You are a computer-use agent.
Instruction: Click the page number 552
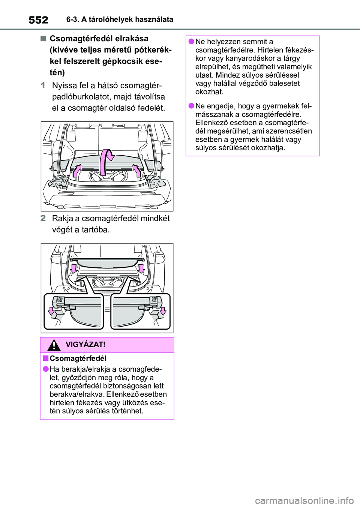tap(38, 20)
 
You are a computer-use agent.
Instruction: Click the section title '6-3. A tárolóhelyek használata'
tap(120, 19)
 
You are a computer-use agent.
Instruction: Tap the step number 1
tap(43, 85)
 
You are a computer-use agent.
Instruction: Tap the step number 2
tap(43, 218)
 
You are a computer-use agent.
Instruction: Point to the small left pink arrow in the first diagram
tap(76, 170)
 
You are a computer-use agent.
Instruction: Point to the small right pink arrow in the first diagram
tap(137, 170)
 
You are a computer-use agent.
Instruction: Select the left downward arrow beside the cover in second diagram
tap(74, 268)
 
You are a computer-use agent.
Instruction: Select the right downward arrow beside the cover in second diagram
tap(141, 268)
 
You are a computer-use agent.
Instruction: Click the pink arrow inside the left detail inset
tap(51, 311)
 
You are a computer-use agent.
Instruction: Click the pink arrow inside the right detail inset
tap(163, 311)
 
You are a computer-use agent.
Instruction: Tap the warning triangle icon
tap(54, 345)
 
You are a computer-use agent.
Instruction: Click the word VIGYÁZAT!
tap(85, 345)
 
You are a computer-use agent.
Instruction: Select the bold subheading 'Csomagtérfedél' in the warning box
tap(78, 358)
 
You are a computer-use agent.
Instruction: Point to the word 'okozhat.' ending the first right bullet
tap(209, 92)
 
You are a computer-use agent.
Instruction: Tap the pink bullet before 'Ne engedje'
tap(191, 106)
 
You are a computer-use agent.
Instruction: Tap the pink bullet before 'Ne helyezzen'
tap(191, 42)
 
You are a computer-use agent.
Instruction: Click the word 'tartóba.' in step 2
tap(96, 229)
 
